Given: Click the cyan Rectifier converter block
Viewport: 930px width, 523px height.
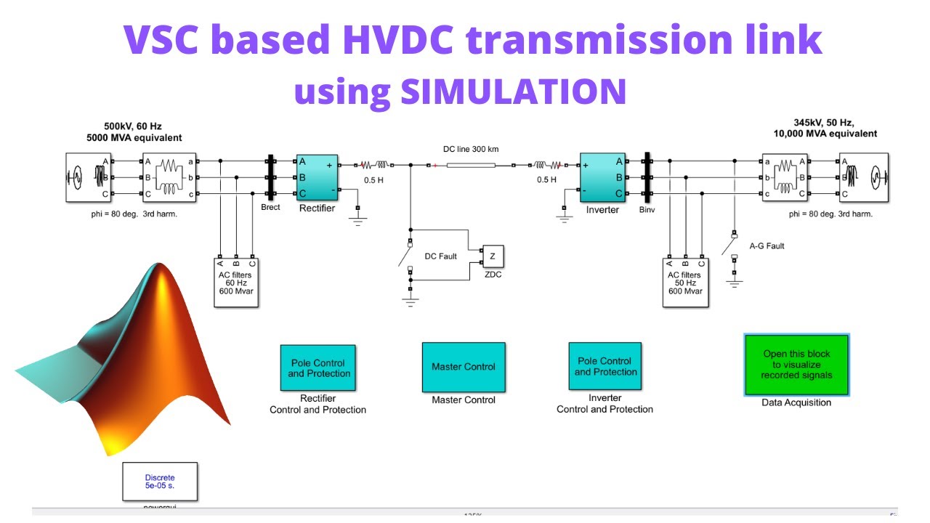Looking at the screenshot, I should coord(317,177).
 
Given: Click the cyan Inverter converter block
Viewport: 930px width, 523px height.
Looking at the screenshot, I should coord(602,178).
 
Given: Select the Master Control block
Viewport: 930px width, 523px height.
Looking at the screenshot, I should coord(464,367).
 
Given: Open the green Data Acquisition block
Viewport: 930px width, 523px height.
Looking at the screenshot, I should coord(796,365).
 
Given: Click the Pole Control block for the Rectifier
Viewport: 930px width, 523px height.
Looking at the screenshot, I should coord(318,368).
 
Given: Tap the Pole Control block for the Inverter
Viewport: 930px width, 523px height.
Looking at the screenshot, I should coord(605,366).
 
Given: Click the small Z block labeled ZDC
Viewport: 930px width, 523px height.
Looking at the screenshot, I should coord(493,256).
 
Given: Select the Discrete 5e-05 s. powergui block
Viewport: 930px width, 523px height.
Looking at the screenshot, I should coord(160,482).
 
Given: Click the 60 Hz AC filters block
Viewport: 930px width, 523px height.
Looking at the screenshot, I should coord(236,282).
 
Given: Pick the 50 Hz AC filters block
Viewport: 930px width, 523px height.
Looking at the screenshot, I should coord(685,282).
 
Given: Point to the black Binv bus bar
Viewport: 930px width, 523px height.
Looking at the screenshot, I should coord(645,177).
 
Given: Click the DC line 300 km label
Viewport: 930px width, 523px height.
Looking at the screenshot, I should coord(471,149).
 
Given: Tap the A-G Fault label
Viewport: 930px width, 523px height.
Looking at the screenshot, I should coord(767,246).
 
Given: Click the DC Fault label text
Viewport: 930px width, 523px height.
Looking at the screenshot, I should coord(441,256).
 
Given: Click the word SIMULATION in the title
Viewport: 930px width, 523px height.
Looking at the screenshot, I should coord(513,91).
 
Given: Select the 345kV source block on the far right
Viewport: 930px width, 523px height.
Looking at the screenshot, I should coord(864,177).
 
